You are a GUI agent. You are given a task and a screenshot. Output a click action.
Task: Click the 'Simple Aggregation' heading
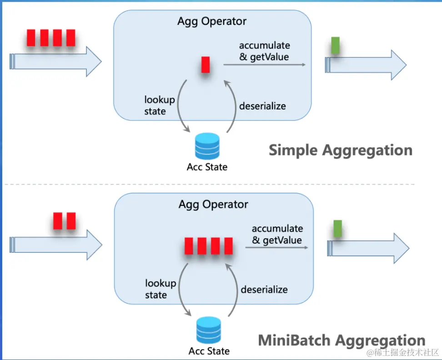(x=340, y=150)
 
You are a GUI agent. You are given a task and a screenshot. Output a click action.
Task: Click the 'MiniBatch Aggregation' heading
(x=342, y=340)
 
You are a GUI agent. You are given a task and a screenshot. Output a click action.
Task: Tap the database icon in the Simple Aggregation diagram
(x=207, y=145)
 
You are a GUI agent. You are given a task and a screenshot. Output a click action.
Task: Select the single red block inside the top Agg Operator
(x=206, y=65)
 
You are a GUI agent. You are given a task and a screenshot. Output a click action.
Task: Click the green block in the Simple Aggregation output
(x=336, y=45)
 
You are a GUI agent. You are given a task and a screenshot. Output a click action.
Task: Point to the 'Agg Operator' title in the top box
(x=212, y=21)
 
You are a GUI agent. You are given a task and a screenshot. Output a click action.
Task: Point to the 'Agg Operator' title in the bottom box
(x=213, y=205)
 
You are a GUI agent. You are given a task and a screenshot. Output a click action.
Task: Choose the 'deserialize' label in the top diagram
(x=263, y=106)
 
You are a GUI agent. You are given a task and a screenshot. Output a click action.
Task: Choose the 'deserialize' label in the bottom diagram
(x=264, y=290)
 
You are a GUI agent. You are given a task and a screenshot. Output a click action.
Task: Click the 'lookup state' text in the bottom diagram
(x=161, y=289)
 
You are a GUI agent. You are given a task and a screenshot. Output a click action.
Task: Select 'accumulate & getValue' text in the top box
(x=264, y=51)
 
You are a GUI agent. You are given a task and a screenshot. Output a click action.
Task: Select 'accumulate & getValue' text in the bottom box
(x=277, y=234)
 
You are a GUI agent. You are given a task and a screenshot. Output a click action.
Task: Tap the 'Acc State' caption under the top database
(x=207, y=167)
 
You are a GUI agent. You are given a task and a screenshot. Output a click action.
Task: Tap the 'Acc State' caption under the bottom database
(x=209, y=351)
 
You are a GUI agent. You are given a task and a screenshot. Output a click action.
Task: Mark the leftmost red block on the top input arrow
(x=31, y=38)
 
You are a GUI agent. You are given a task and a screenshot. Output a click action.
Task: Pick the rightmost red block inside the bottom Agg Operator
(x=228, y=246)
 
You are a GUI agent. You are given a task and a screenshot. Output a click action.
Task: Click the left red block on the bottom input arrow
(x=58, y=221)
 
